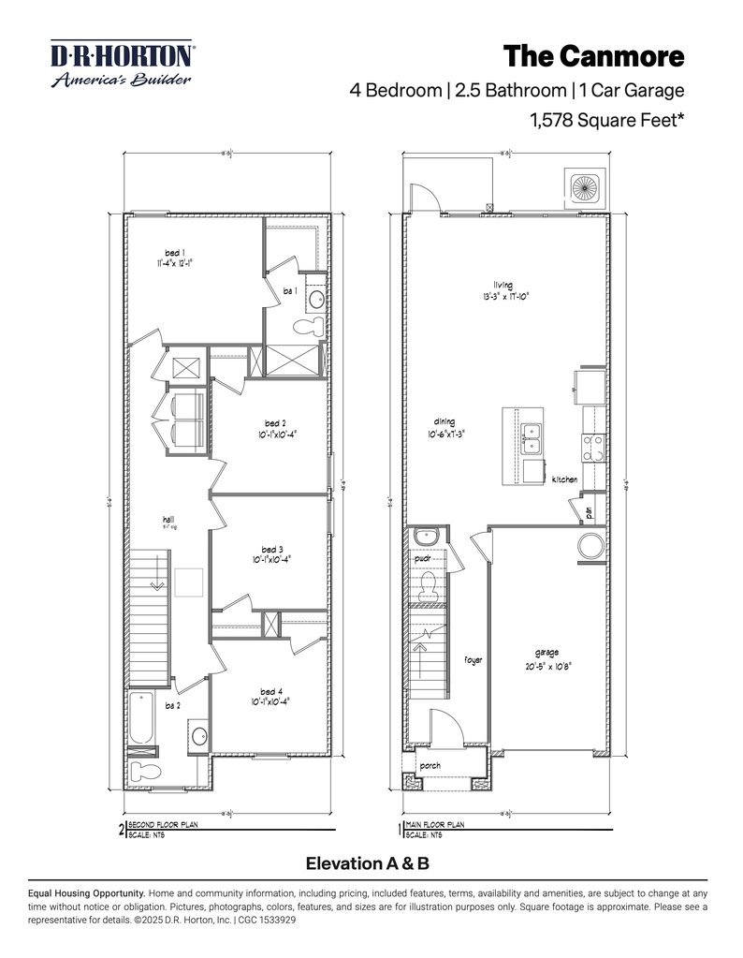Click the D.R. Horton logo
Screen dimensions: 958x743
point(123,64)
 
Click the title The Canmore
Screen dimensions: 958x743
point(594,56)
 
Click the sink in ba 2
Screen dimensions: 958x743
point(198,736)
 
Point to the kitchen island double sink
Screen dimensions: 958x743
point(533,434)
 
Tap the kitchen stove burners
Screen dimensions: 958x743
point(591,448)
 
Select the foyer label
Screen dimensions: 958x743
point(473,660)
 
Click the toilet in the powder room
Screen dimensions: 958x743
point(429,585)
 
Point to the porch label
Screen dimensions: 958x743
point(430,765)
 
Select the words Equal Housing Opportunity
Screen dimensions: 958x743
point(86,893)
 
